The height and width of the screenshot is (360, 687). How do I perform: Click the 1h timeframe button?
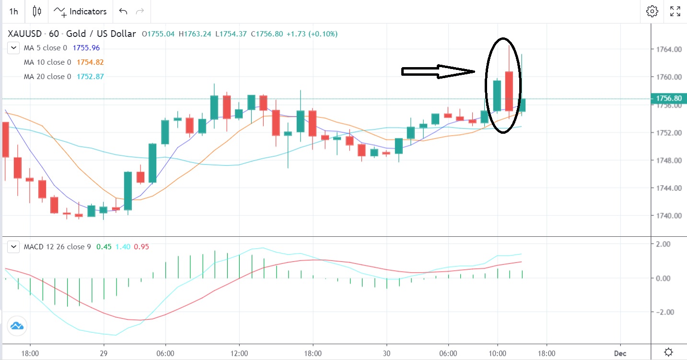[x=13, y=11]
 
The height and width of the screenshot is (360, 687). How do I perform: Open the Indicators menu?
[x=80, y=11]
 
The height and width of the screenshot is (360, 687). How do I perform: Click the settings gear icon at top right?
[x=652, y=11]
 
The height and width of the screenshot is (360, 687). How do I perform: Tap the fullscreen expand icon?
[x=675, y=11]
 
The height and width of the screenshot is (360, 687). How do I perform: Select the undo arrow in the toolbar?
[x=123, y=11]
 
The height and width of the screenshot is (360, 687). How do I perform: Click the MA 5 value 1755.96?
[x=86, y=48]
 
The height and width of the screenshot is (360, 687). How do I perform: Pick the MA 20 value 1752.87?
[x=90, y=77]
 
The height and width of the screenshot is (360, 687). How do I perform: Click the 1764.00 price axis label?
[x=669, y=49]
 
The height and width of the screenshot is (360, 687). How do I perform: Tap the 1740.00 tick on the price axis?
[x=669, y=216]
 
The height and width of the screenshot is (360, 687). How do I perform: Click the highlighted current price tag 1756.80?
[x=668, y=99]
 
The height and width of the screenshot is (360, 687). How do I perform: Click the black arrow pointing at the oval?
[x=438, y=71]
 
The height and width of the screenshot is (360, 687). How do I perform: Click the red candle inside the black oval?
[x=509, y=91]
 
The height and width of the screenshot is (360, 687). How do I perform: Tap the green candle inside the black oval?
[x=497, y=96]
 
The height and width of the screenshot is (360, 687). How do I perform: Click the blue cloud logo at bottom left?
[x=17, y=326]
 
